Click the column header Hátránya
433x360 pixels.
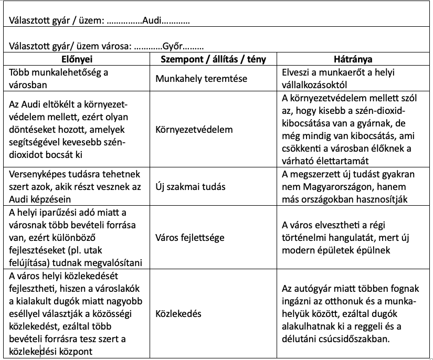[353, 59]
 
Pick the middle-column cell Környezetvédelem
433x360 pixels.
[194, 129]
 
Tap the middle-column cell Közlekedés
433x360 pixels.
[179, 314]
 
